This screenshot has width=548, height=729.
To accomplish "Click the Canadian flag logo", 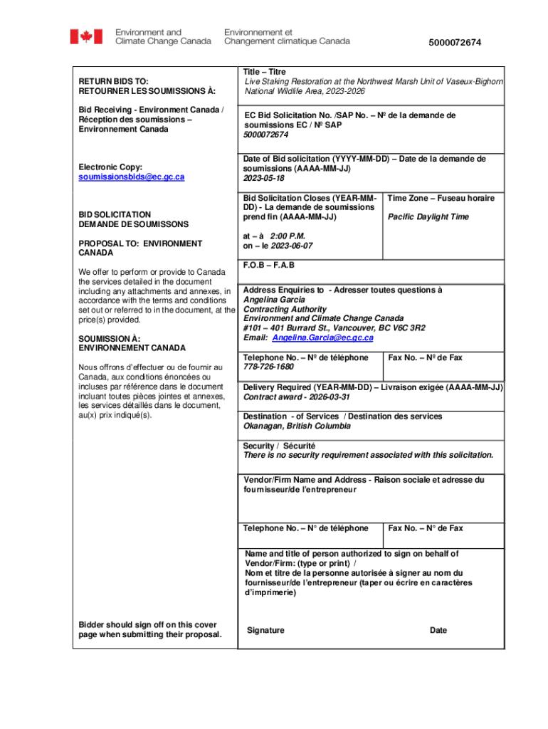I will coord(85,36).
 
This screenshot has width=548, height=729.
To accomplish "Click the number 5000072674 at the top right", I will coord(455,43).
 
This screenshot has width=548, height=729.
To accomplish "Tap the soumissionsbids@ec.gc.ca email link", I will coord(132,177).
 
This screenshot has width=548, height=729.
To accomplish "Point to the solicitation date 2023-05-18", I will coord(263,179).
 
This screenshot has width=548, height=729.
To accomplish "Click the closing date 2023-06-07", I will coord(292,246).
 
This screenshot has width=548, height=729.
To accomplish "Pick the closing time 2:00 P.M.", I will coord(293,236).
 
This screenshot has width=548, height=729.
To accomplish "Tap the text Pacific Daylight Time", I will coord(428,216).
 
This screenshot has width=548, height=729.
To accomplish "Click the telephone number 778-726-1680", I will coord(268,367).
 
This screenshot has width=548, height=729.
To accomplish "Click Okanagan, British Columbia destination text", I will coord(297,426).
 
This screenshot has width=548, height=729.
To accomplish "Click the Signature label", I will coord(265,630).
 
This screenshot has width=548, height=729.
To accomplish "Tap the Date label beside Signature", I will coord(438,630).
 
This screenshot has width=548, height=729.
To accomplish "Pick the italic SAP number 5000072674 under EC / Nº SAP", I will coord(266,135).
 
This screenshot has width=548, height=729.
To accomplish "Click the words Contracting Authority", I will coord(285,310).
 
